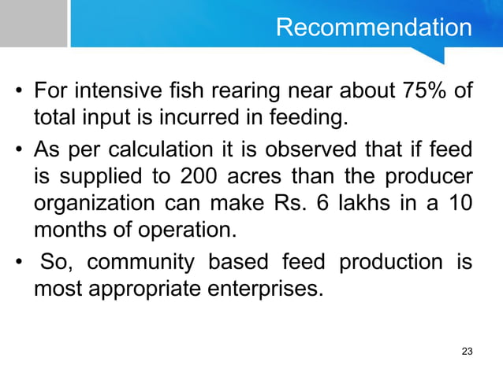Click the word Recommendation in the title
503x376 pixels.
[x=374, y=28]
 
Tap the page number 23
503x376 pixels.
[x=467, y=350]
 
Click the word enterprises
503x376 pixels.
[x=273, y=288]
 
